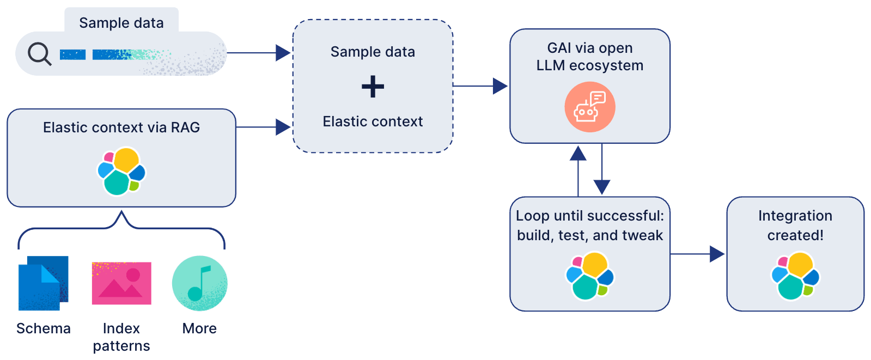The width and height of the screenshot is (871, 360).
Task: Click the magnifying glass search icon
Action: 39,54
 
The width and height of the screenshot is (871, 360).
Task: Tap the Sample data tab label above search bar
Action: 121,23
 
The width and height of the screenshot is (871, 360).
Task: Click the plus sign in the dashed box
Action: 373,87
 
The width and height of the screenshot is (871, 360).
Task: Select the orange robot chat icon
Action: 589,107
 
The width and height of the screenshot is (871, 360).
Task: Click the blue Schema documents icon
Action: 43,283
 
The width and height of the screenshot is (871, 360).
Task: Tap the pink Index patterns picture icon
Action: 121,283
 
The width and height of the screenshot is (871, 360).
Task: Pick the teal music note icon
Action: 199,283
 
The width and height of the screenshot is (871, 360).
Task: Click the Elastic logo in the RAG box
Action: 121,171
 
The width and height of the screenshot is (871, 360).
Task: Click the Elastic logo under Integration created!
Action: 795,276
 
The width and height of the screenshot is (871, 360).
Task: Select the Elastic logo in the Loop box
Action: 590,276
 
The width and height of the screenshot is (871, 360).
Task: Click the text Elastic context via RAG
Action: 121,127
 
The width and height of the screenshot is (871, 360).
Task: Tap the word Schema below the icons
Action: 44,328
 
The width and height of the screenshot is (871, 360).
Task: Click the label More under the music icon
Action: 199,328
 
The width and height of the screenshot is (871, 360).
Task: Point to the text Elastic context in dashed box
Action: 373,121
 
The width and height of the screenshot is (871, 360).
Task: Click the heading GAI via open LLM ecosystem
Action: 590,57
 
